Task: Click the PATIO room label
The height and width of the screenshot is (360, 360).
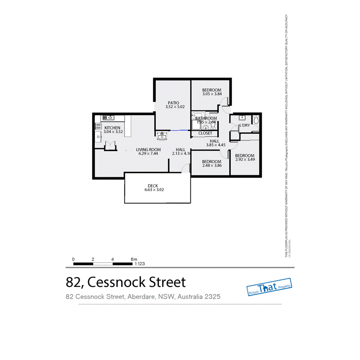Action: click(x=173, y=102)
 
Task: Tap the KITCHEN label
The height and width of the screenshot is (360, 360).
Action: click(x=112, y=127)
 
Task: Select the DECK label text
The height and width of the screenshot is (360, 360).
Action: click(x=153, y=186)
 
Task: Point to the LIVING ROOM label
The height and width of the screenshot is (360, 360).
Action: click(x=148, y=149)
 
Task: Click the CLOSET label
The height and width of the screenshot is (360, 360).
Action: click(x=205, y=133)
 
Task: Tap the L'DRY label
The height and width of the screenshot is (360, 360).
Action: click(x=244, y=126)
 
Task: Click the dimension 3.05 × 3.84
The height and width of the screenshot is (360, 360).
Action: click(x=212, y=94)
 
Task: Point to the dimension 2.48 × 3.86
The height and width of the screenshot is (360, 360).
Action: click(x=212, y=166)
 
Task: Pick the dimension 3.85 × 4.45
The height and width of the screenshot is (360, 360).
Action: click(x=215, y=145)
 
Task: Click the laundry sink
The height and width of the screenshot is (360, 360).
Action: click(x=242, y=118)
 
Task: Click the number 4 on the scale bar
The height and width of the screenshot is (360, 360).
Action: click(x=112, y=259)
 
